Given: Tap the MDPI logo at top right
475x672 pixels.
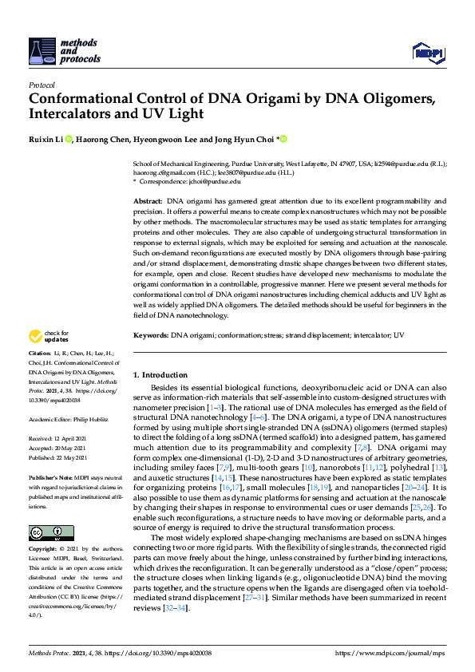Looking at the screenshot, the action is click(427, 53).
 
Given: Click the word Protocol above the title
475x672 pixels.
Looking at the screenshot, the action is click(41, 85).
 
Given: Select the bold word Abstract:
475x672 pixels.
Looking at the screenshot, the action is click(147, 201).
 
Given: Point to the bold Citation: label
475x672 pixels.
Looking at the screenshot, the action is click(39, 353).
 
